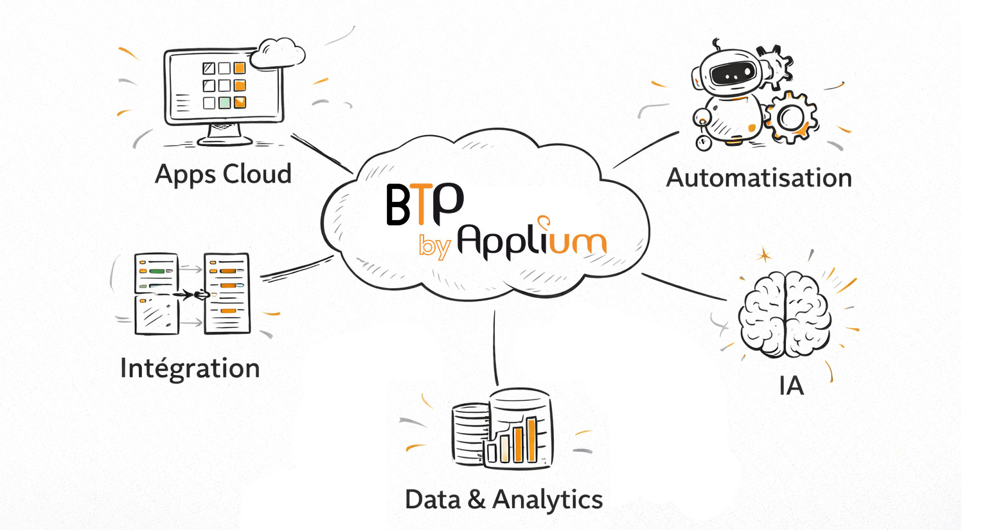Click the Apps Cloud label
(x=223, y=174)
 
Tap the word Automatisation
(x=759, y=178)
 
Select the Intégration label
(x=190, y=369)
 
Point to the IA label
(x=791, y=386)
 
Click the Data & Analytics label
(x=504, y=500)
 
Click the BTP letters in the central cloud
(x=424, y=204)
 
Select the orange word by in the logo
(x=434, y=246)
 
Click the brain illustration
(x=785, y=315)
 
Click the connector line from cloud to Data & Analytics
(x=495, y=347)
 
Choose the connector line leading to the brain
(x=684, y=288)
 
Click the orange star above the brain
(x=764, y=255)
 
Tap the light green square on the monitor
(x=224, y=102)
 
